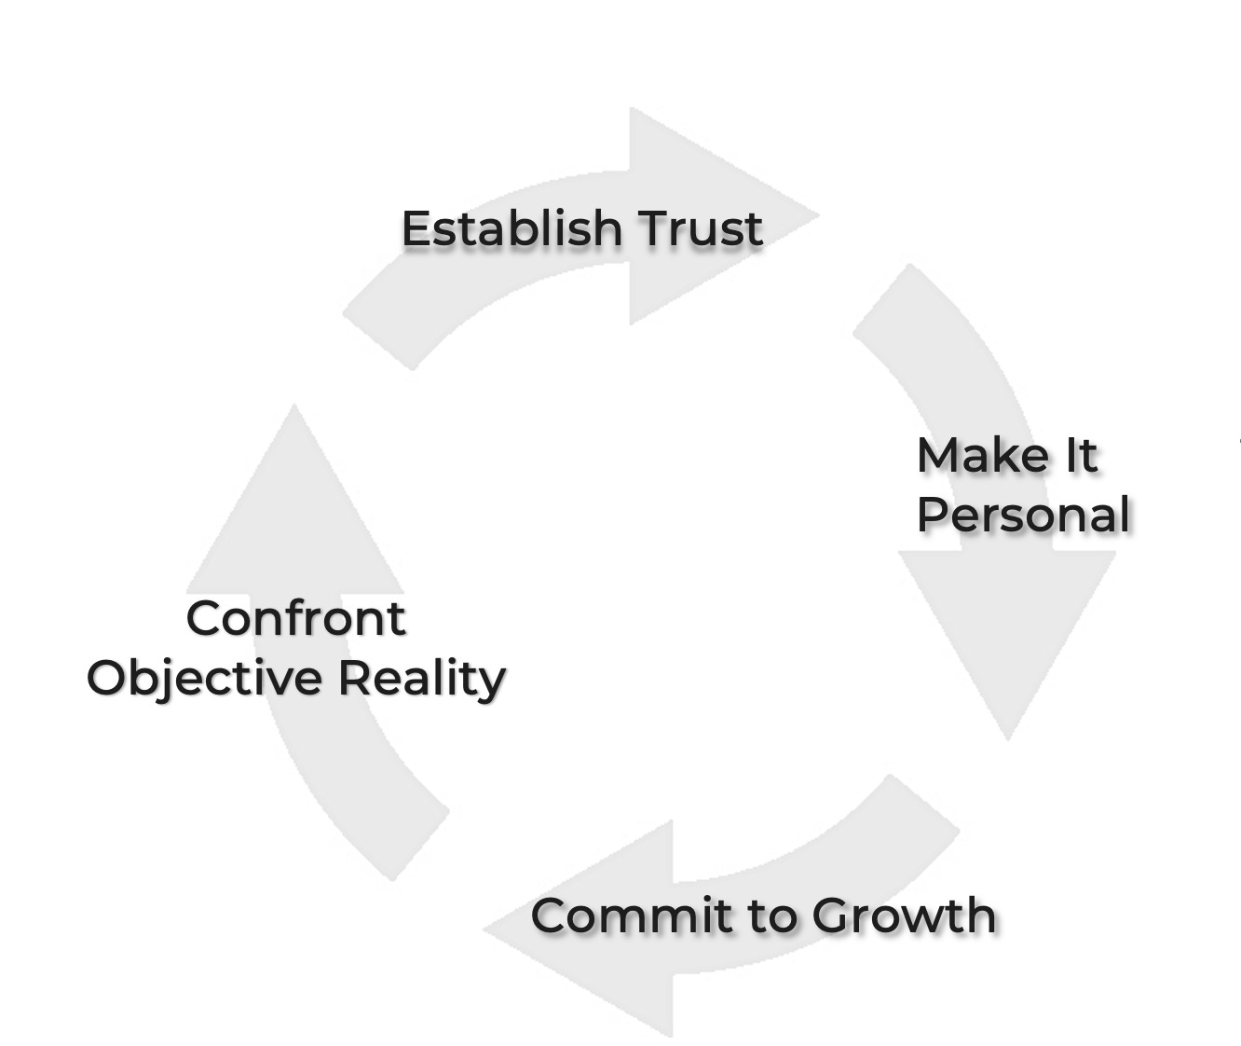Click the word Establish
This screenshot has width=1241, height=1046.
(x=511, y=228)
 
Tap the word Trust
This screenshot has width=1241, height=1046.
(x=701, y=228)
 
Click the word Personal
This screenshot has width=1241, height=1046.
(x=1023, y=515)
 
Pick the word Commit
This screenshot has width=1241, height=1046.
(x=630, y=915)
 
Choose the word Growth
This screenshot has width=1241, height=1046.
(x=903, y=915)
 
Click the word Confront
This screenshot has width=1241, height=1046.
(x=295, y=618)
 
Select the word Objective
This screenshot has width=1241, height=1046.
(x=204, y=678)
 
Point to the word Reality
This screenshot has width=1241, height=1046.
(x=421, y=678)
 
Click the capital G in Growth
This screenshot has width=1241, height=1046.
(x=832, y=915)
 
